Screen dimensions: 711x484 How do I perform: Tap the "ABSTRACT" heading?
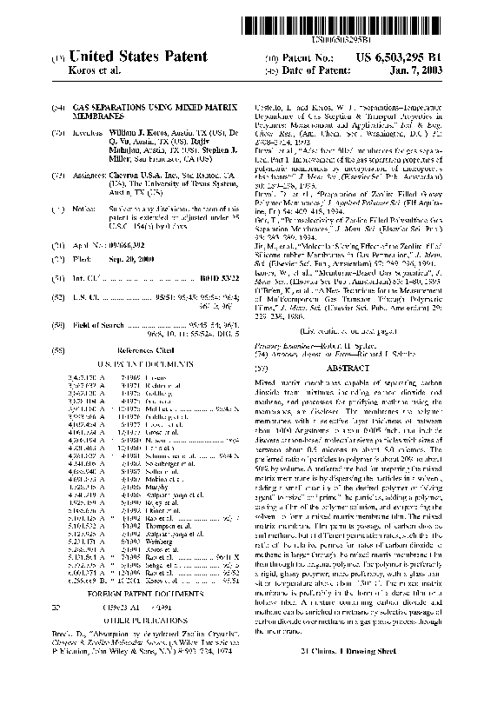point(356,369)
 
